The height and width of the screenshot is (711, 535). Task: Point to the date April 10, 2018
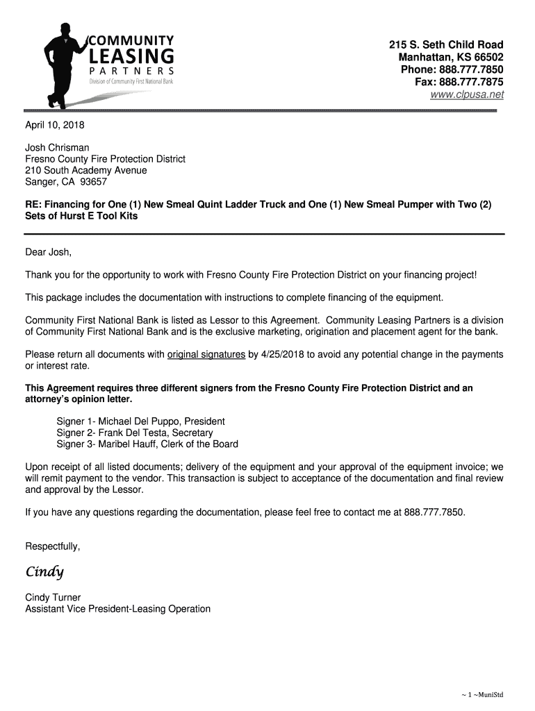[54, 126]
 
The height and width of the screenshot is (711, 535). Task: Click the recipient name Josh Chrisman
[58, 148]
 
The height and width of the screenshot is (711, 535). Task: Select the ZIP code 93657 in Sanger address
[94, 182]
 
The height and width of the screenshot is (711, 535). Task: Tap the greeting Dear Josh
[49, 251]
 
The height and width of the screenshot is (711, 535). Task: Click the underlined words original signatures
[206, 355]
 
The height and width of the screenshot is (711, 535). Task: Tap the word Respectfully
[53, 546]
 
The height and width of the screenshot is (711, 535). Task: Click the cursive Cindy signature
[44, 572]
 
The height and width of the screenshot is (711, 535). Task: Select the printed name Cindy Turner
[53, 597]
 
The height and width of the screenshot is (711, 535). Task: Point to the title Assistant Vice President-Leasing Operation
[118, 609]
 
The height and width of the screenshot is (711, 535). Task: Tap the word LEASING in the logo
[131, 56]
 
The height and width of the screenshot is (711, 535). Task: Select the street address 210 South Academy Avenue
[86, 170]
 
